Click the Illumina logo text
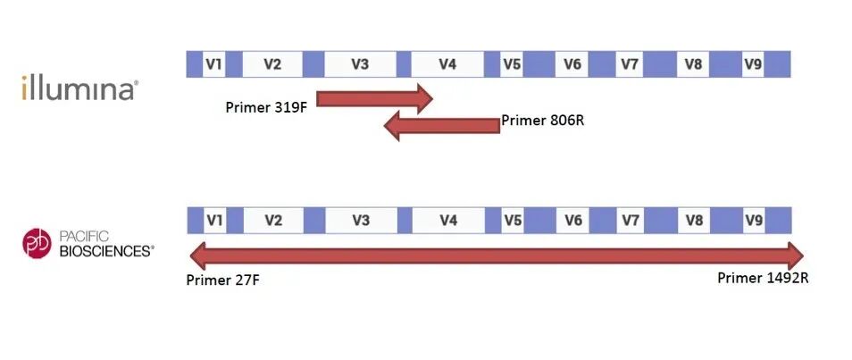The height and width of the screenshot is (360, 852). click(79, 88)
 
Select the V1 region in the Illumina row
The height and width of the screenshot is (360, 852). click(213, 64)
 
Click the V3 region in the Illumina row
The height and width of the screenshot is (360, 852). click(360, 64)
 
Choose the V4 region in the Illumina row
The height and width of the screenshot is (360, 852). click(447, 64)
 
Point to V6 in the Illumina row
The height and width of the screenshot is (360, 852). click(572, 64)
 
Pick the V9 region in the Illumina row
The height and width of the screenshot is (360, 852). click(753, 64)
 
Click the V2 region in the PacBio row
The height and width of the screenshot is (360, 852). click(273, 220)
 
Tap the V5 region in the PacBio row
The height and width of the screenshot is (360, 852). click(512, 220)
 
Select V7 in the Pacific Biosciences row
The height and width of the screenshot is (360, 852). click(630, 220)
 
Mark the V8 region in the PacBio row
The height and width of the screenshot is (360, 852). click(693, 220)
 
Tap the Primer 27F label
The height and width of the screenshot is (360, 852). click(223, 280)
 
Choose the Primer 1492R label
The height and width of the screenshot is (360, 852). click(763, 278)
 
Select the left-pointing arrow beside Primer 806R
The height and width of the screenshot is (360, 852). click(441, 127)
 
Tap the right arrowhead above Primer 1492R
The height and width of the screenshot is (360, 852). click(792, 254)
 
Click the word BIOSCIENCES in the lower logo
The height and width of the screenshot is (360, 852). click(106, 252)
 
